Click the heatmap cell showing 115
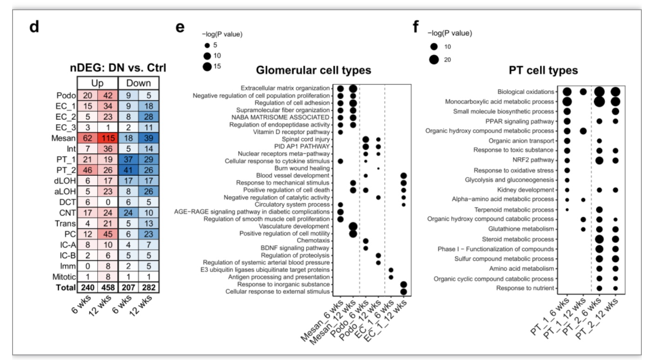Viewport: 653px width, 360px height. pyautogui.click(x=108, y=138)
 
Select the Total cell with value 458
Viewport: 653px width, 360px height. pyautogui.click(x=108, y=288)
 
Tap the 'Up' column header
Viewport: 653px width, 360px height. pyautogui.click(x=97, y=83)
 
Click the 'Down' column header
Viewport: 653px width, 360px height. pyautogui.click(x=139, y=83)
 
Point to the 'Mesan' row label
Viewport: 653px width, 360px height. pyautogui.click(x=63, y=138)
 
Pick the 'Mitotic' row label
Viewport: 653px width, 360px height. pyautogui.click(x=64, y=277)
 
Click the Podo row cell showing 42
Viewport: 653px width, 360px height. pyautogui.click(x=108, y=95)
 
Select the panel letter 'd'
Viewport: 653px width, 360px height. pyautogui.click(x=34, y=27)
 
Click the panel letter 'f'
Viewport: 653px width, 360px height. pyautogui.click(x=416, y=27)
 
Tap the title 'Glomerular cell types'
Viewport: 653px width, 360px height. pyautogui.click(x=313, y=70)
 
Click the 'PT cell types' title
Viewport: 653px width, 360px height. pyautogui.click(x=543, y=71)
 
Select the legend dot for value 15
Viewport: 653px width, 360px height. pyautogui.click(x=207, y=67)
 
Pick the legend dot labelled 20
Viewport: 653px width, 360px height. pyautogui.click(x=434, y=60)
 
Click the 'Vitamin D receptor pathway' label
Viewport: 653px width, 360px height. pyautogui.click(x=291, y=132)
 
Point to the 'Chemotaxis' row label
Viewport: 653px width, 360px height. pyautogui.click(x=313, y=240)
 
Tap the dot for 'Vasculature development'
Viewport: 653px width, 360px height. pyautogui.click(x=353, y=226)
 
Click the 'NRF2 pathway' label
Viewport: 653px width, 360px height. pyautogui.click(x=533, y=160)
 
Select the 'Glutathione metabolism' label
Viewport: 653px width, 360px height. pyautogui.click(x=521, y=229)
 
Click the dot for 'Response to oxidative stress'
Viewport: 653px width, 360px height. pyautogui.click(x=567, y=170)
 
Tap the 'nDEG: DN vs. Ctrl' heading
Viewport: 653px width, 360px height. pyautogui.click(x=118, y=68)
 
